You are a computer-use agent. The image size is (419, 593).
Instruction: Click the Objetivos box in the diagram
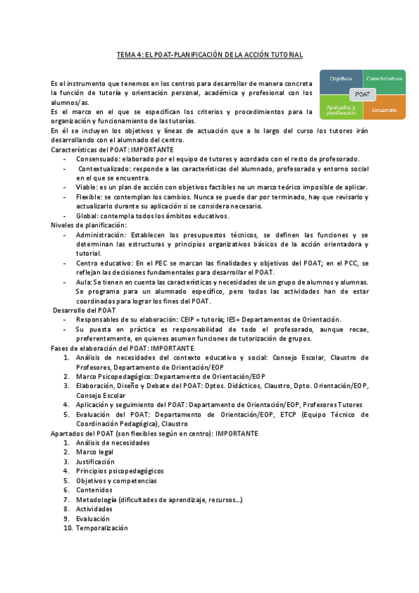coord(341,79)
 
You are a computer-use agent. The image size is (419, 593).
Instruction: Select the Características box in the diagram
coord(384,79)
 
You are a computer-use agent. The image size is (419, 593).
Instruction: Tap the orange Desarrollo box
coord(384,110)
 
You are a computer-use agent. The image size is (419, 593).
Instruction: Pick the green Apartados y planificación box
coord(341,110)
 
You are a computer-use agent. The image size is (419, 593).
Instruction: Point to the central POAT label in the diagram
coord(363,94)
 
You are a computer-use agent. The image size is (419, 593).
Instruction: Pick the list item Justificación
coord(97,462)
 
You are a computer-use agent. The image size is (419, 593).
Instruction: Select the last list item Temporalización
coord(102,529)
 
